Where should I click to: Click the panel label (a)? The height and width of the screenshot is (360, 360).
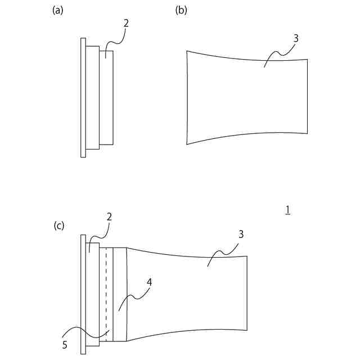click(57, 10)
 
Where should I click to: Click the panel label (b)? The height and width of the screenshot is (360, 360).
click(181, 10)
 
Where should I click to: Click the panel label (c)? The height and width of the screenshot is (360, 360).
click(59, 226)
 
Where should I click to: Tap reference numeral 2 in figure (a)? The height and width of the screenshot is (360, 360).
click(126, 23)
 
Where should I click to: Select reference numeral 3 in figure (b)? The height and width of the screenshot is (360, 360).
click(296, 38)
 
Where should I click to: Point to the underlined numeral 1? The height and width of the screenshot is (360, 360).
click(287, 210)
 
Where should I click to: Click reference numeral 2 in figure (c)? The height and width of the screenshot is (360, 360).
click(110, 216)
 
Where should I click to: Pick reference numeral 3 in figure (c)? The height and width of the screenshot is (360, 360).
click(240, 234)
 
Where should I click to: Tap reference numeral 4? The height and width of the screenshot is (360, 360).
click(149, 283)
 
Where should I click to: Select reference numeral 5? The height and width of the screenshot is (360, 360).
click(65, 345)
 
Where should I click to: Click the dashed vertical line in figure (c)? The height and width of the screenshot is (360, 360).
click(106, 292)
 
